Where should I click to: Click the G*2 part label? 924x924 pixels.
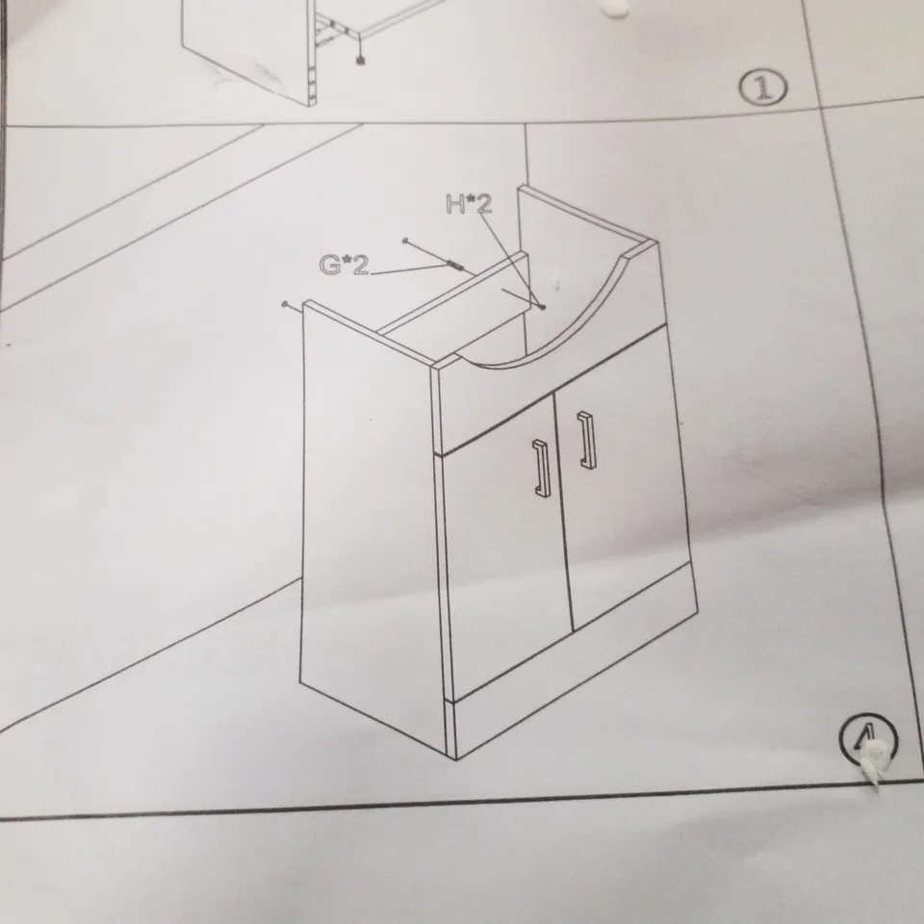[x=344, y=266]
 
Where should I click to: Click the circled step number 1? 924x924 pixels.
[x=763, y=90]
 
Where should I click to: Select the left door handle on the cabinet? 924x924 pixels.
[x=540, y=470]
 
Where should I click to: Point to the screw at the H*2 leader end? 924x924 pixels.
[x=545, y=308]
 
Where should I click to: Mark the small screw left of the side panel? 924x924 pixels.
[x=286, y=303]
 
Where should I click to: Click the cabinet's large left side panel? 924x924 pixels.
[x=371, y=520]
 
